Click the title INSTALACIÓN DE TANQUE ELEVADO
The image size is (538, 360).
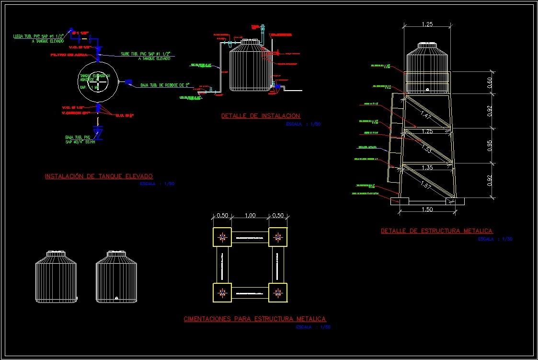point(99,176)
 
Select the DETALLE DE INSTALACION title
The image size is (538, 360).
point(261,116)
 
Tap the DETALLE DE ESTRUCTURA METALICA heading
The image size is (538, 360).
point(436,231)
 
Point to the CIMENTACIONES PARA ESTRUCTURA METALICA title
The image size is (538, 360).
point(255,319)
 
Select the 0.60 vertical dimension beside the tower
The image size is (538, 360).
point(490,82)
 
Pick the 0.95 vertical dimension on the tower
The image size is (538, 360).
point(490,146)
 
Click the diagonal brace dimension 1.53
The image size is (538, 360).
point(426,149)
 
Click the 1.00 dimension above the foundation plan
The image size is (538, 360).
point(250,216)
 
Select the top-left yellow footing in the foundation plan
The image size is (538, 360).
point(222,236)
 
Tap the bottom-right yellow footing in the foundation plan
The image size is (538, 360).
point(277,292)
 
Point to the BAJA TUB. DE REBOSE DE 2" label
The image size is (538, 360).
point(165,85)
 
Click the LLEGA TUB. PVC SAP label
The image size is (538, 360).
point(38,36)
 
